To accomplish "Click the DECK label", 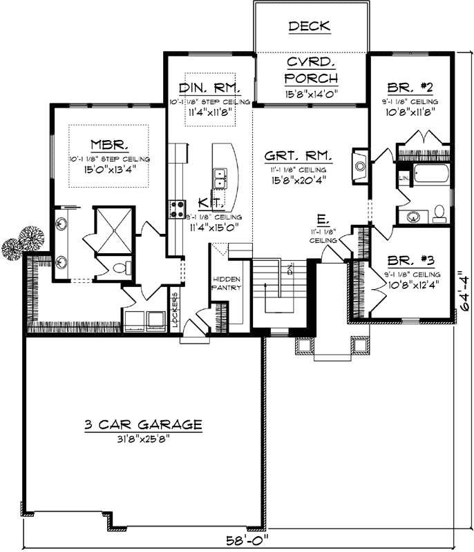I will tap(309, 27).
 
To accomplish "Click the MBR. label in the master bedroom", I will tap(107, 145).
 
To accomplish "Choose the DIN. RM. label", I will tap(209, 88).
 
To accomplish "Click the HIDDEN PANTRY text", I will tap(226, 283).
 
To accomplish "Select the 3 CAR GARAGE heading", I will tap(143, 424).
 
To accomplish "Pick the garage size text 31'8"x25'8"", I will tap(143, 438).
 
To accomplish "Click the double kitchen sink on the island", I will tap(220, 178).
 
